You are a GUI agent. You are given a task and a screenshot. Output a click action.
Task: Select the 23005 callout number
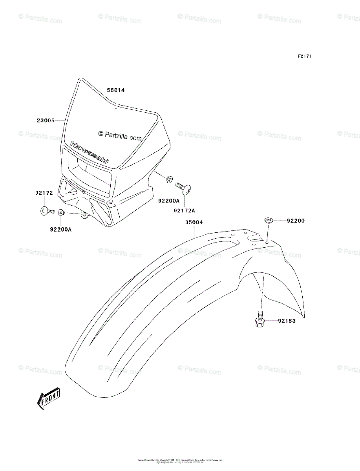pos(46,120)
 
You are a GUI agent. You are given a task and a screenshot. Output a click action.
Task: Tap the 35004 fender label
pos(194,222)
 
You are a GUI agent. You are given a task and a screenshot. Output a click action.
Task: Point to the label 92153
pos(287,321)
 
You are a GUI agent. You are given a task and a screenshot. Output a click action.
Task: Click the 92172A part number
pos(184,210)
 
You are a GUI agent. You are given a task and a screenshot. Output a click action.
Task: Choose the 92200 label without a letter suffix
pos(295,221)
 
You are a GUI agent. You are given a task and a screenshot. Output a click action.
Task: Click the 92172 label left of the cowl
pos(44,193)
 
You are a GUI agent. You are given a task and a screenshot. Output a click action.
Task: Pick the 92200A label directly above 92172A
pos(169,201)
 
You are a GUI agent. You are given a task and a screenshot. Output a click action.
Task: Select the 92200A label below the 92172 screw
pos(60,229)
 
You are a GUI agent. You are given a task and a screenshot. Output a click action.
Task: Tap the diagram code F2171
pos(304,56)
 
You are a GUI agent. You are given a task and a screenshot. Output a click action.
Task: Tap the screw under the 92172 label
pos(47,211)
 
